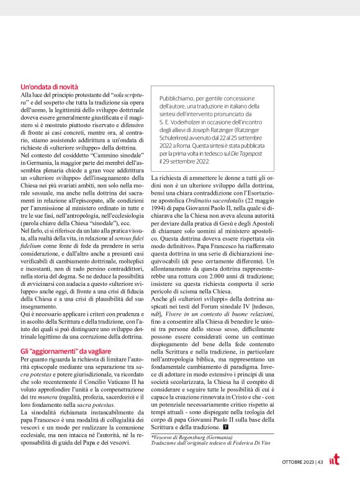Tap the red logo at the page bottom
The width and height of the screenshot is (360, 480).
click(335, 461)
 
